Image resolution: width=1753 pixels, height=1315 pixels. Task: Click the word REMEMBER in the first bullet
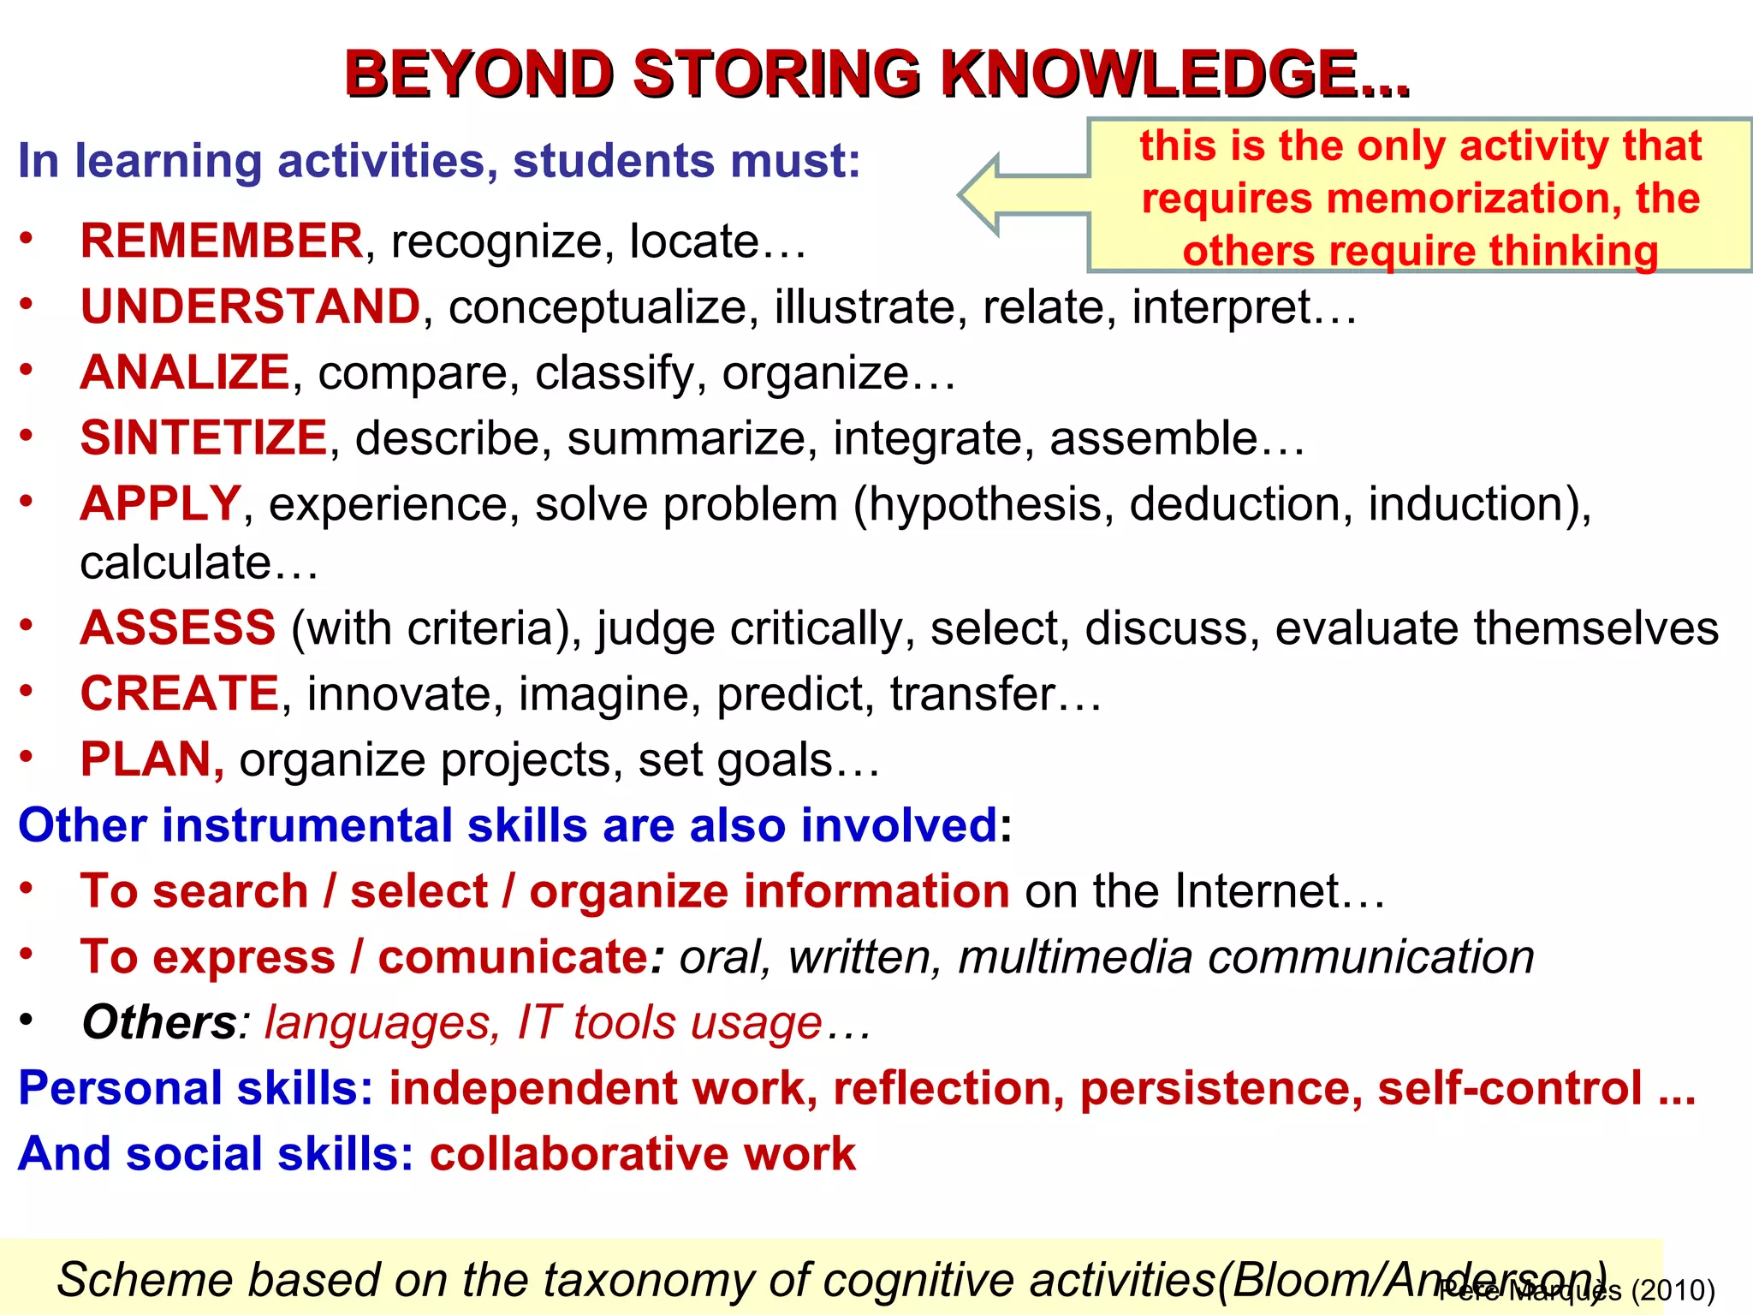pyautogui.click(x=222, y=241)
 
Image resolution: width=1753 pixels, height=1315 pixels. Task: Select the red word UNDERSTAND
pyautogui.click(x=250, y=306)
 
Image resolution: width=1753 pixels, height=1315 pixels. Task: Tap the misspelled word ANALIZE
pyautogui.click(x=185, y=372)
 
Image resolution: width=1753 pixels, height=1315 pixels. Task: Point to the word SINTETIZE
pyautogui.click(x=204, y=437)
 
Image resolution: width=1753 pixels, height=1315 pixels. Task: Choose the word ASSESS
pyautogui.click(x=178, y=628)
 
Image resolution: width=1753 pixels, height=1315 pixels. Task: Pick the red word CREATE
pyautogui.click(x=180, y=693)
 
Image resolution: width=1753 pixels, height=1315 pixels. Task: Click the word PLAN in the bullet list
pyautogui.click(x=146, y=759)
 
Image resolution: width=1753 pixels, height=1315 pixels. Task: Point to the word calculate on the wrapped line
pyautogui.click(x=175, y=563)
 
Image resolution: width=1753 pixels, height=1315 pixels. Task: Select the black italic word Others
pyautogui.click(x=159, y=1022)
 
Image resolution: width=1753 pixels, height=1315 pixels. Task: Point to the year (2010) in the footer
pyautogui.click(x=1673, y=1290)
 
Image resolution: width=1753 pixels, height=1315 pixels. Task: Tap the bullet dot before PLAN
pyautogui.click(x=27, y=756)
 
